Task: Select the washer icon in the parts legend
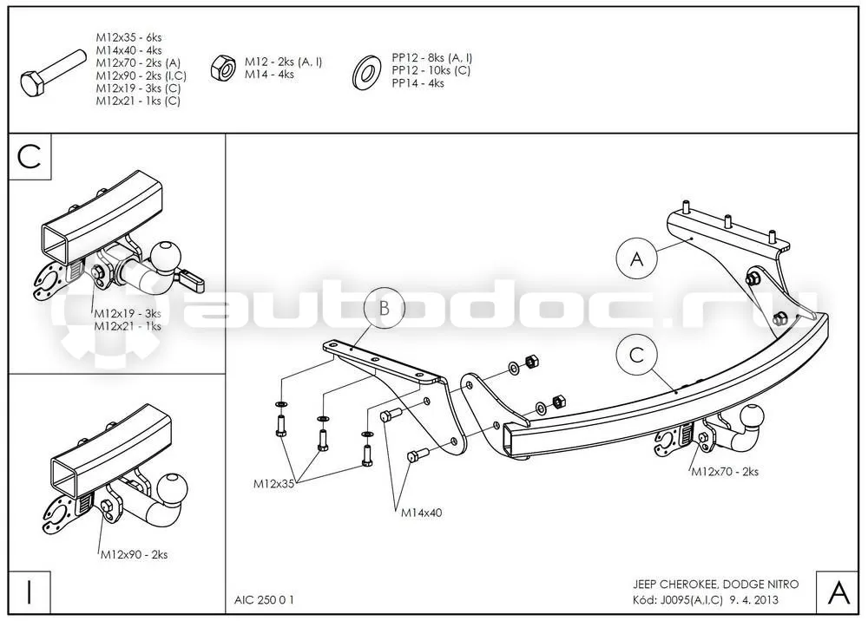pos(366,71)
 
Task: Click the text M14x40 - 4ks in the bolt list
pos(129,50)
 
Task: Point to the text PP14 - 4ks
pos(418,83)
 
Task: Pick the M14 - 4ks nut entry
pos(270,74)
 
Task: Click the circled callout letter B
pos(385,308)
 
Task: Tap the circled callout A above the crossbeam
pos(637,258)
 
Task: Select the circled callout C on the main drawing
pos(637,355)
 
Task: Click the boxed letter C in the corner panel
pos(30,156)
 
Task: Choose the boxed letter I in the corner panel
pos(30,592)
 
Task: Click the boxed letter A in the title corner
pos(838,592)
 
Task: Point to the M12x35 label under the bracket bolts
pos(274,484)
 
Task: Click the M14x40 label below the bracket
pos(422,513)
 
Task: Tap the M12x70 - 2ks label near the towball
pos(725,472)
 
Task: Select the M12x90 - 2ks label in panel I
pos(134,554)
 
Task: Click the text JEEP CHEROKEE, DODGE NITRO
pos(716,584)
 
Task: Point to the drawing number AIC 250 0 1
pos(264,600)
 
